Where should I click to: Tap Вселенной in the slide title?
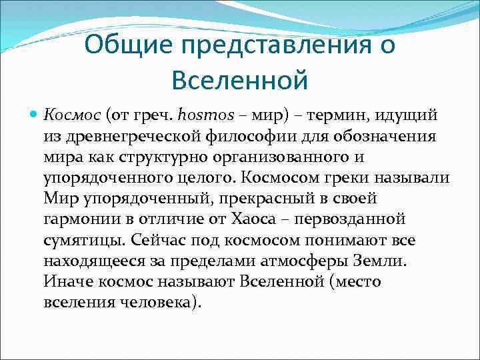pyautogui.click(x=239, y=80)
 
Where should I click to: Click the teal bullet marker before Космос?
pyautogui.click(x=33, y=114)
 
